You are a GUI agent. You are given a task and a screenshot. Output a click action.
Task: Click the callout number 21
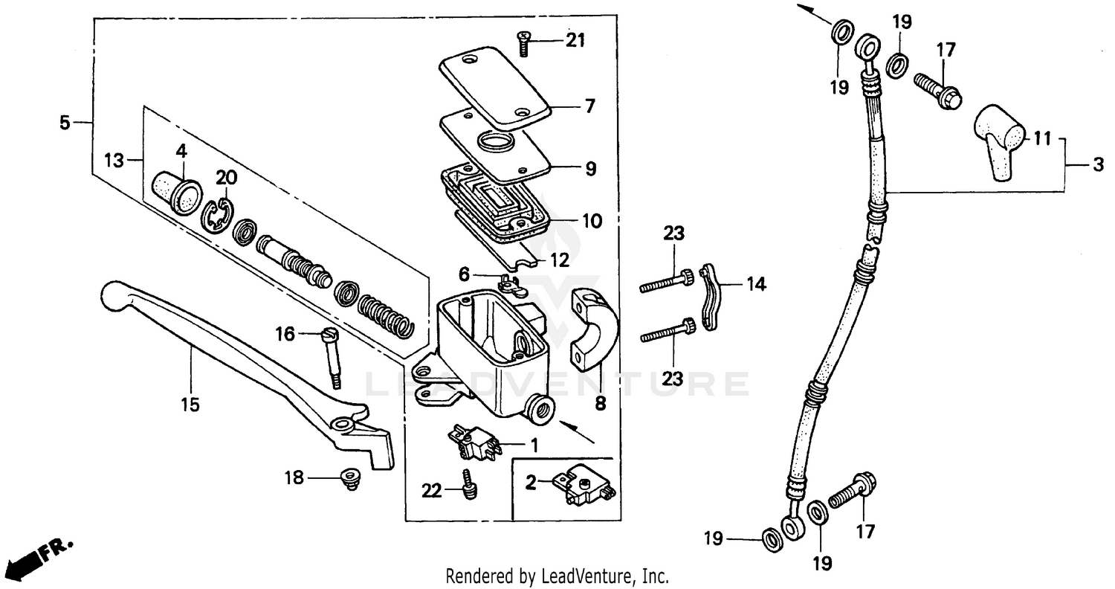pyautogui.click(x=575, y=40)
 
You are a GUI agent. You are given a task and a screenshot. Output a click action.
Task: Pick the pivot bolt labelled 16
pyautogui.click(x=332, y=357)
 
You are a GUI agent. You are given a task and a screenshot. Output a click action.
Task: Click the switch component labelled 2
pyautogui.click(x=587, y=483)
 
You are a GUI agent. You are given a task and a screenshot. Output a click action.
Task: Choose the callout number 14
pyautogui.click(x=755, y=283)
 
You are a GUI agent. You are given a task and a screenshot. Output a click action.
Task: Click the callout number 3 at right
pyautogui.click(x=1098, y=166)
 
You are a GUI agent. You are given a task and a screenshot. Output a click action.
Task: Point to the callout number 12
pyautogui.click(x=560, y=260)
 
